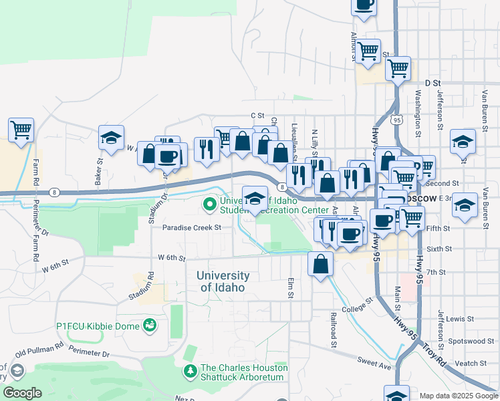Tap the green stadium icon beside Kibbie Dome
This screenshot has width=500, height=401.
tap(150, 325)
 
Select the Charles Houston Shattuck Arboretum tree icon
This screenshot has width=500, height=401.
tap(191, 370)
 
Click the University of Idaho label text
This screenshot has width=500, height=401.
tap(223, 281)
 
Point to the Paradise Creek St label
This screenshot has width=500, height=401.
tap(192, 227)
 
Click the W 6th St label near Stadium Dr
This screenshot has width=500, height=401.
tap(170, 257)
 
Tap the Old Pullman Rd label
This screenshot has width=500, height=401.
tap(39, 350)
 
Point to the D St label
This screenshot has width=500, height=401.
tap(433, 83)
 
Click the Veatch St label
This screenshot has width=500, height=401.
tap(471, 364)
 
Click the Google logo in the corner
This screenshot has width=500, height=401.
tap(22, 393)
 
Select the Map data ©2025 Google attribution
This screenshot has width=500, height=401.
tap(459, 396)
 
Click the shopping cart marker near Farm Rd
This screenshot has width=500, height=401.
tap(21, 129)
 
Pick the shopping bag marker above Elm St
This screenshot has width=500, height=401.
tap(321, 263)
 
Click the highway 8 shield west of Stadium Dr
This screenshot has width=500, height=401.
tap(54, 192)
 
